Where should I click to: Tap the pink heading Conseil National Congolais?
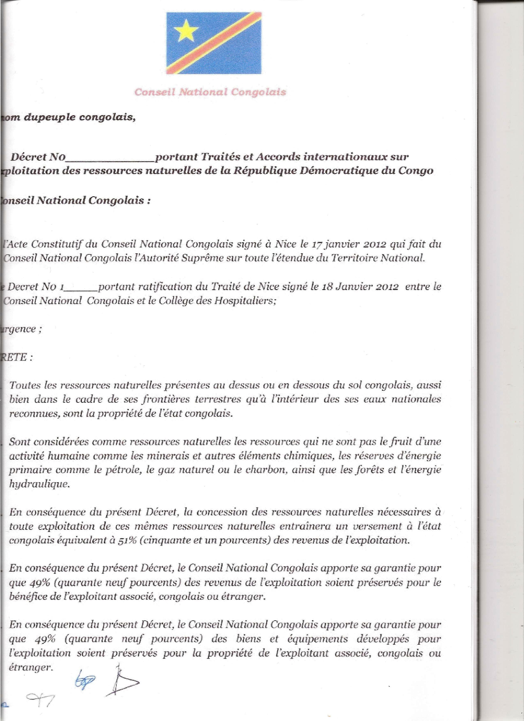(210, 92)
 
